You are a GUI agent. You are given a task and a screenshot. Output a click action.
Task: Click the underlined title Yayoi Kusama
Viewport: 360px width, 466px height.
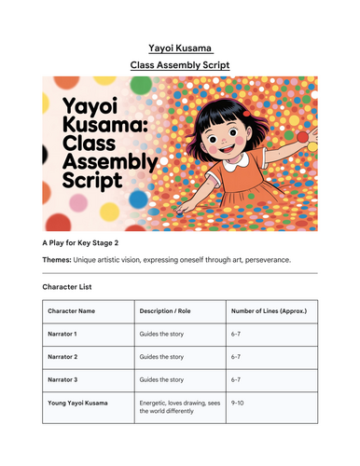click(x=179, y=46)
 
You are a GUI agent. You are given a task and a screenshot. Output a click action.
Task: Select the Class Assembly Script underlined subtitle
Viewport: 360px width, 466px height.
click(x=179, y=65)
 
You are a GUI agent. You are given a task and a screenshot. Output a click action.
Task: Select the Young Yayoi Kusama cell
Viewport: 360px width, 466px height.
click(x=82, y=403)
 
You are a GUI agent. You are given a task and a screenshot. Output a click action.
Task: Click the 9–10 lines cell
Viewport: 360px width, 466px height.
click(x=240, y=403)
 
